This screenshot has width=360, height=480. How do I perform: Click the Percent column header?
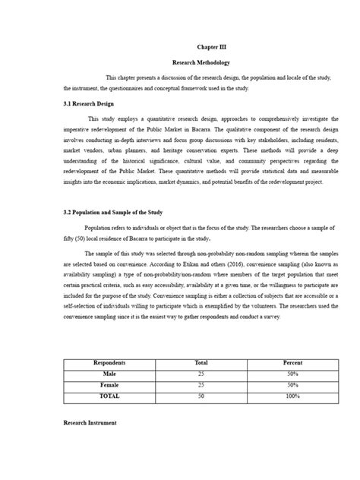point(292,363)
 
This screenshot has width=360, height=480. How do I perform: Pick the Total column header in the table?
point(201,363)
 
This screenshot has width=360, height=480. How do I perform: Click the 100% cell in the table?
point(292,396)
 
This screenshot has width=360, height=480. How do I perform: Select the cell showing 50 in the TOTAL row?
point(201,396)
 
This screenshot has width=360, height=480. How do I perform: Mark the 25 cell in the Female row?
point(201,385)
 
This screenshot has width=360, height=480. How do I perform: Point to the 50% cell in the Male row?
point(292,374)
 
